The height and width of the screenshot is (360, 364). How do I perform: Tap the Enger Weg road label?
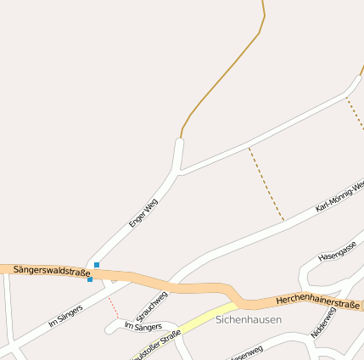[143, 213]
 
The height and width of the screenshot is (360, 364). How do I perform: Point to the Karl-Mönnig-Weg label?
[339, 195]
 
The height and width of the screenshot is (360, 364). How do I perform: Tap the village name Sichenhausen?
[248, 320]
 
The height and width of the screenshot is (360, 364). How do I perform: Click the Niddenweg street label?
[323, 322]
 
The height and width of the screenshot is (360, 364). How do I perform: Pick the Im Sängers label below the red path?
[143, 326]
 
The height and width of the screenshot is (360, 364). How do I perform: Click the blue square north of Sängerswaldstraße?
[97, 265]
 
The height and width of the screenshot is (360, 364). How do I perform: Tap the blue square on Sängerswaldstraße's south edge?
[90, 279]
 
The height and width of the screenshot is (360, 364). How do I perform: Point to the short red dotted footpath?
[114, 307]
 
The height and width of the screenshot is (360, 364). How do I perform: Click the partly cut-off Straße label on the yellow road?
[157, 342]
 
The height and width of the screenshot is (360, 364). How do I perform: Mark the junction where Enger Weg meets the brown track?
[181, 138]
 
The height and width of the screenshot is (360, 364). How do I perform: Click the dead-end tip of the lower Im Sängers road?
[109, 328]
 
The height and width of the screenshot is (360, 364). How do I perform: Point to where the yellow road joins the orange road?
[238, 303]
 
